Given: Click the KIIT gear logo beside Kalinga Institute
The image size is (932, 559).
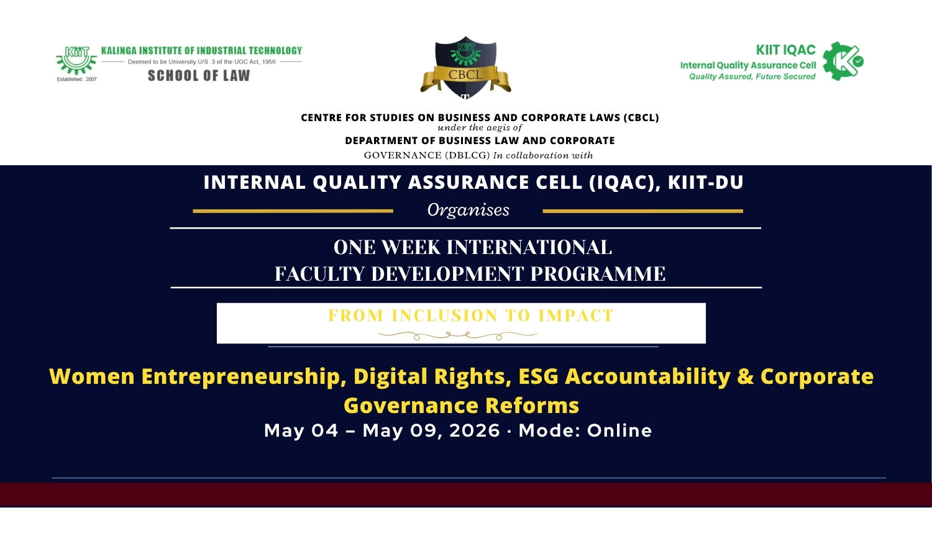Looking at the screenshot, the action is pos(76,60).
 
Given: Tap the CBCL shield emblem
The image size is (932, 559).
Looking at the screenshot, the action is pos(465,67).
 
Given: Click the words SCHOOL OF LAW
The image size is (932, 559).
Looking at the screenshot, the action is pos(199,76).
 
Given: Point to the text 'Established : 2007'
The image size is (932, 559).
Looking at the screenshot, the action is pos(76,79).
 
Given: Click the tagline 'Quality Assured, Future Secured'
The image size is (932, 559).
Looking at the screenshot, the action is pos(752,76).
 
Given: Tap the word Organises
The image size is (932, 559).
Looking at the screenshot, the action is pos(468,210).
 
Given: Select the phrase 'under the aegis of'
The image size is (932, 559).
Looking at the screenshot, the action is pos(480,128).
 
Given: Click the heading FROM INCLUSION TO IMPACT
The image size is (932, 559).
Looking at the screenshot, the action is pos(470,316).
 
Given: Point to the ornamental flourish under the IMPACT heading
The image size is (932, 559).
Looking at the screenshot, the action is pos(458,335).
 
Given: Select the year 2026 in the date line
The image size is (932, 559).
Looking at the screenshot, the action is pos(475,430).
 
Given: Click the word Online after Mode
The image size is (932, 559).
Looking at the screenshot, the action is pos(619,430).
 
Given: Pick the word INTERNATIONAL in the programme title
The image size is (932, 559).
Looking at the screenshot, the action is pos(529,247).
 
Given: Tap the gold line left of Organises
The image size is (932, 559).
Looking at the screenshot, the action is pos(293,211).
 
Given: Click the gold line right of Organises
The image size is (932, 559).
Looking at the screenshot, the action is pos(643,211).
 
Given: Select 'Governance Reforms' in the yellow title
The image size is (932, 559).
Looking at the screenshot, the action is pos(462,406).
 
